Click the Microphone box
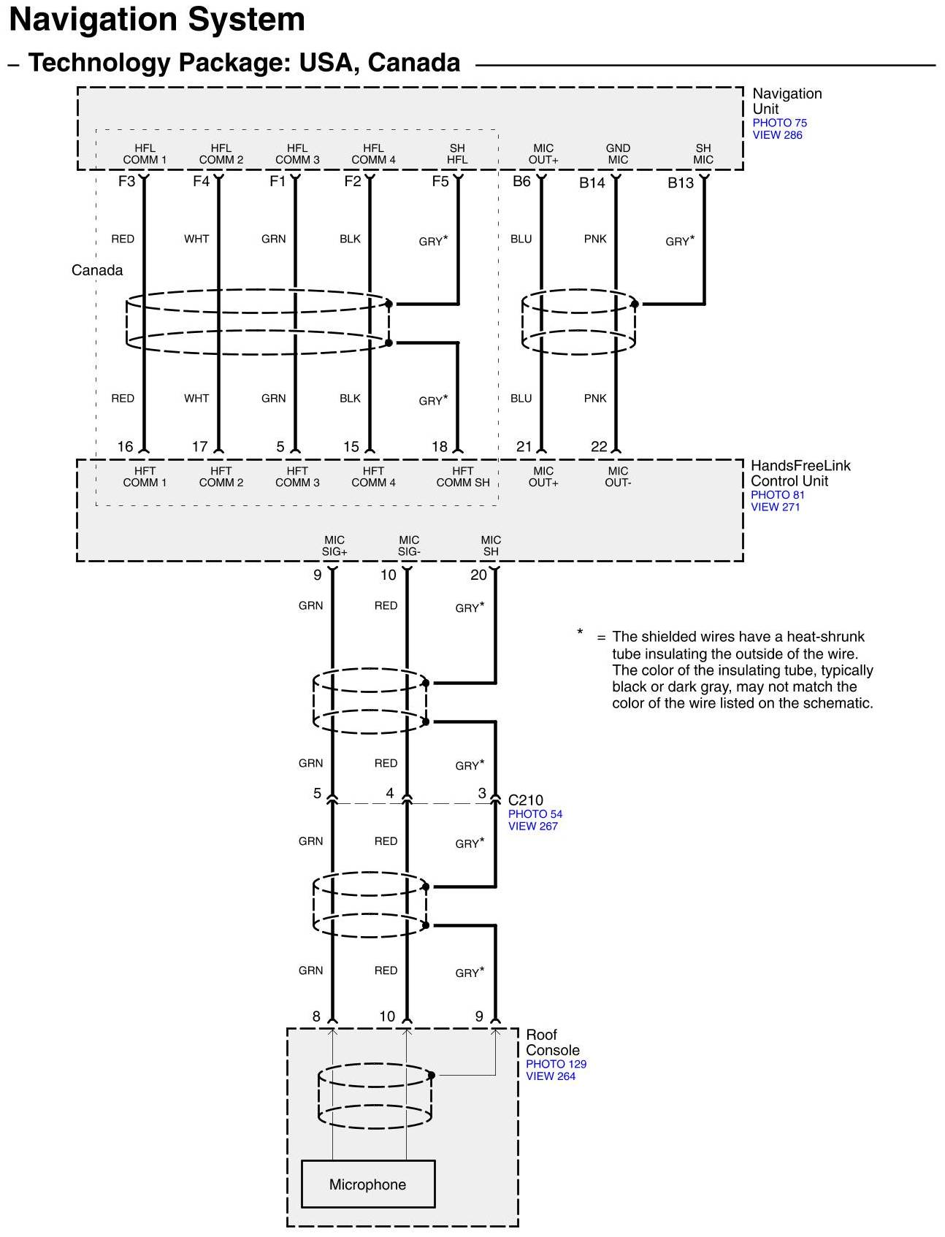tap(367, 1184)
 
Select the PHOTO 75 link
tap(779, 123)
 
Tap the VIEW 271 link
tap(775, 507)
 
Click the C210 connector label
tap(525, 800)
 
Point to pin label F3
tap(126, 181)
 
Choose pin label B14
tap(592, 183)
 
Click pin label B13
tap(680, 183)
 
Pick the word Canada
tap(97, 270)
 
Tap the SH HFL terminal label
tap(457, 154)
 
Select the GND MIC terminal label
tap(618, 154)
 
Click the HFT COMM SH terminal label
tap(463, 477)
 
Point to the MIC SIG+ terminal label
tap(334, 545)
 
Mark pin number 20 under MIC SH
tap(478, 575)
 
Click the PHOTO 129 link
tap(556, 1064)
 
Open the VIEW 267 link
tap(532, 826)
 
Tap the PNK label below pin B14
tap(595, 239)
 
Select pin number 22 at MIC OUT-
tap(599, 447)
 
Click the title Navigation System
tap(157, 20)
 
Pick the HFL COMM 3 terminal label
tap(297, 154)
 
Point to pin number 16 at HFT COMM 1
tap(126, 447)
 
